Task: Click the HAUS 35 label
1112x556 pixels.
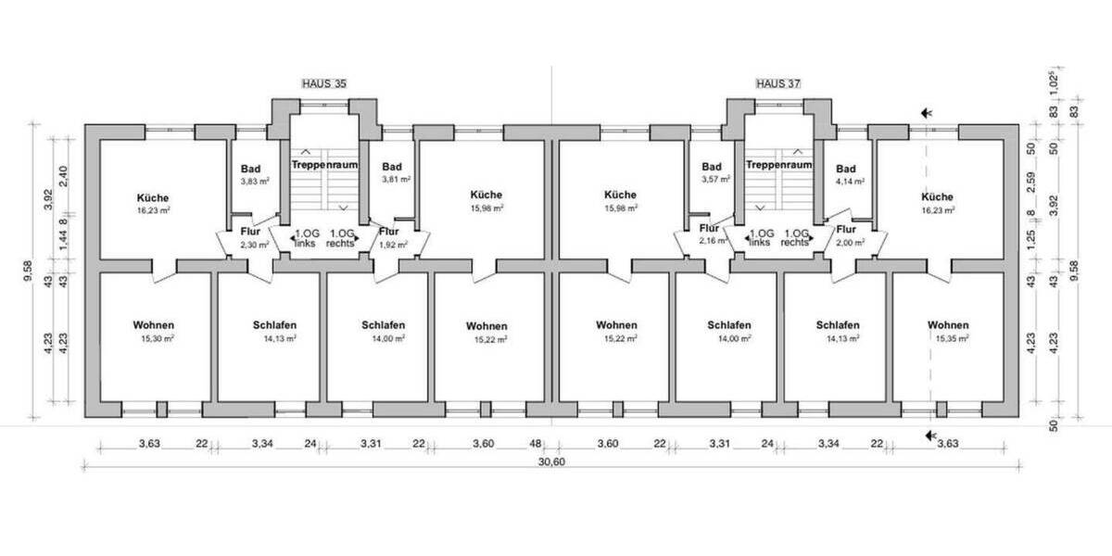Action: (x=324, y=83)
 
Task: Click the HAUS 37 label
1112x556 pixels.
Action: (x=777, y=83)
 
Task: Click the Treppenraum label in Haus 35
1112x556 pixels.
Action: (x=324, y=164)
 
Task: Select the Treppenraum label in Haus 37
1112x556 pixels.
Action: (x=779, y=164)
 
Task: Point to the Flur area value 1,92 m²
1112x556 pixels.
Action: (x=389, y=245)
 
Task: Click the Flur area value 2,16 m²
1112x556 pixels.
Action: (x=711, y=241)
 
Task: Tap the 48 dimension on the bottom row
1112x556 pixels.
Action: (x=535, y=444)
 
